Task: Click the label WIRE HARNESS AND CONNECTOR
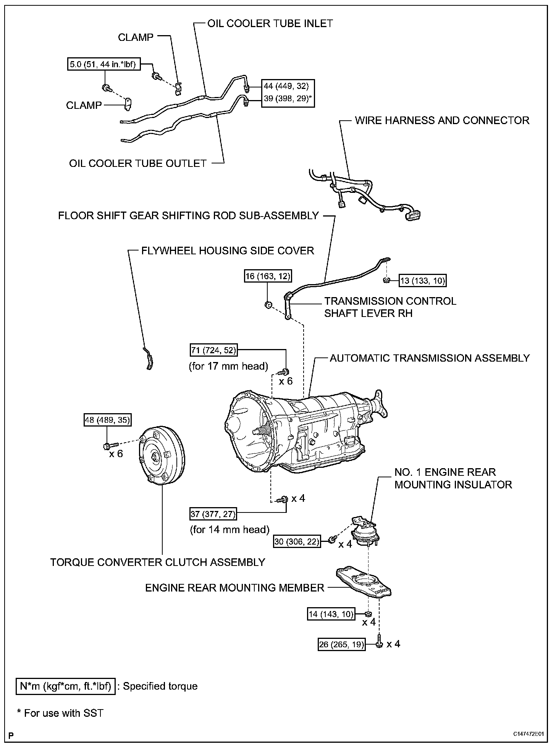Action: click(x=442, y=120)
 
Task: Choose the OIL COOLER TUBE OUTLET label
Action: click(x=138, y=163)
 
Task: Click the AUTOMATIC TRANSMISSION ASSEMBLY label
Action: click(x=430, y=358)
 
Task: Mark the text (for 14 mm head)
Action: click(x=230, y=529)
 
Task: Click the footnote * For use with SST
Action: click(x=60, y=713)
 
